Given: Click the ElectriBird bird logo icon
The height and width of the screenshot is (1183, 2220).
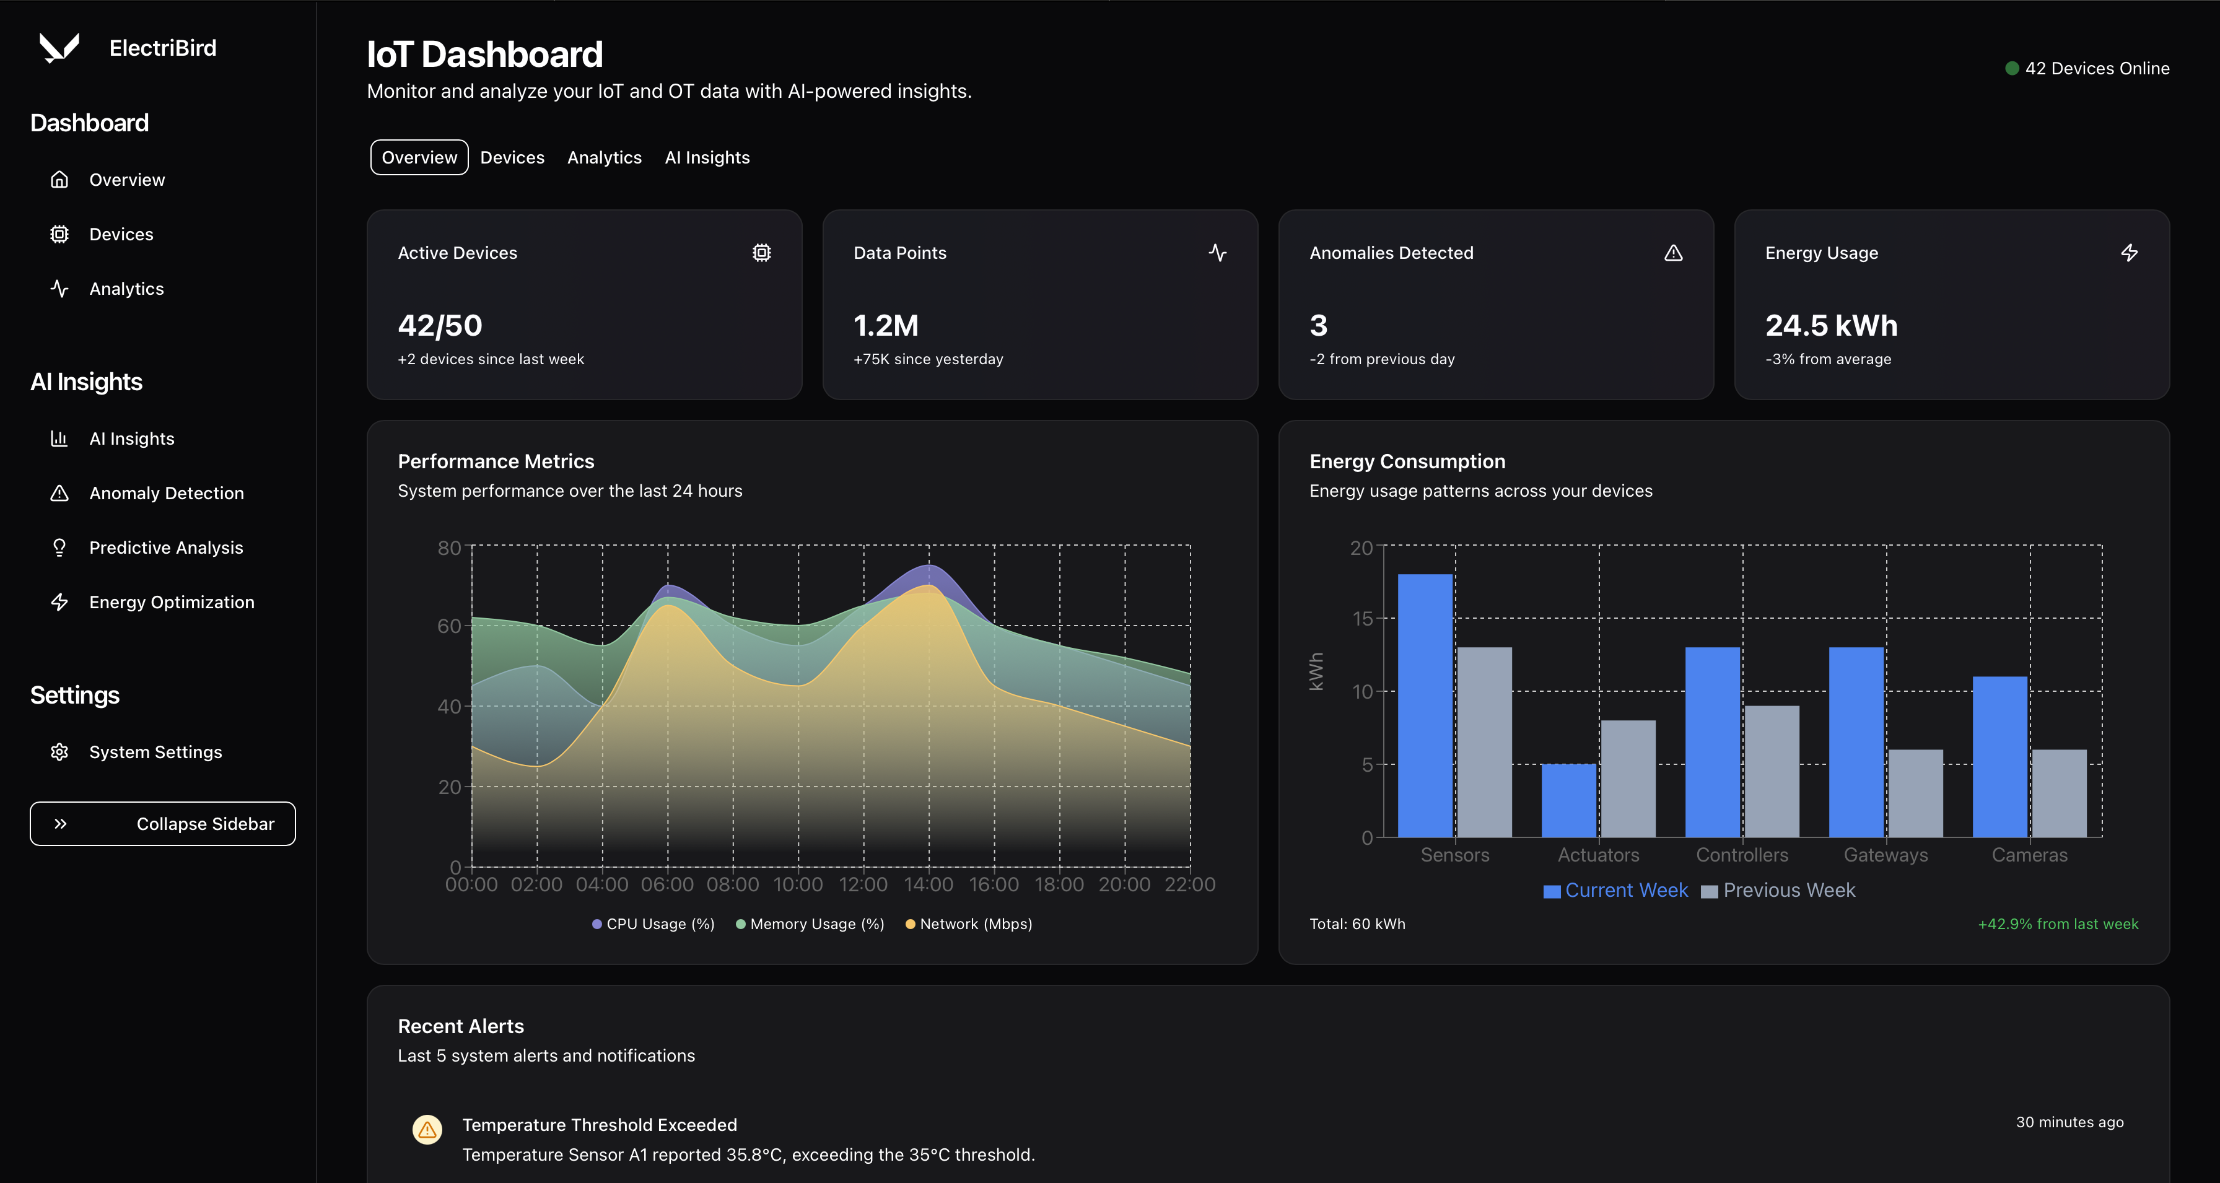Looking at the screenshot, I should coord(59,48).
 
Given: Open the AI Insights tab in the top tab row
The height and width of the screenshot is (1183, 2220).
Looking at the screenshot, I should coord(707,158).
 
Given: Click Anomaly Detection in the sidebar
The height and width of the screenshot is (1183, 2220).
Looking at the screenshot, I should coord(167,493).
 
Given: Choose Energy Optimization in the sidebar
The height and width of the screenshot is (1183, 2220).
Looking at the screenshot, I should coord(172,602).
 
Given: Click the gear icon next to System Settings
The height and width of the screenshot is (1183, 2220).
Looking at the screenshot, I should coord(59,752).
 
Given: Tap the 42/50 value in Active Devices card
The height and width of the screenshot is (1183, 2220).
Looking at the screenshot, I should coord(440,326).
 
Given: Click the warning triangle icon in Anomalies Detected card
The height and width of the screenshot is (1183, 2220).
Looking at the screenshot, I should coord(1673,253).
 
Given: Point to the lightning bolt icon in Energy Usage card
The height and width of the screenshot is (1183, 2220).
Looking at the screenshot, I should coord(2129,253).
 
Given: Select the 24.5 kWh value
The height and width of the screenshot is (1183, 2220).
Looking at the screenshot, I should coord(1830,326).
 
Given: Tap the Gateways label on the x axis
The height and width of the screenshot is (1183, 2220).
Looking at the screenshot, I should coord(1885,855).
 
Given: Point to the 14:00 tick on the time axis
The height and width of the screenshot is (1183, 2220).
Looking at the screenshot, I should coord(928,884).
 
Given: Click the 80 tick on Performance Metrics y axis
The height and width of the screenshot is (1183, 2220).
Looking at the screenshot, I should coord(449,548).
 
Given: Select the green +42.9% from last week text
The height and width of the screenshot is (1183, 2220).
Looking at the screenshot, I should coord(2057,923).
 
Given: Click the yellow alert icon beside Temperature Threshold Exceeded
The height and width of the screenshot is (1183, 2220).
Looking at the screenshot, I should coord(427,1128).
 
